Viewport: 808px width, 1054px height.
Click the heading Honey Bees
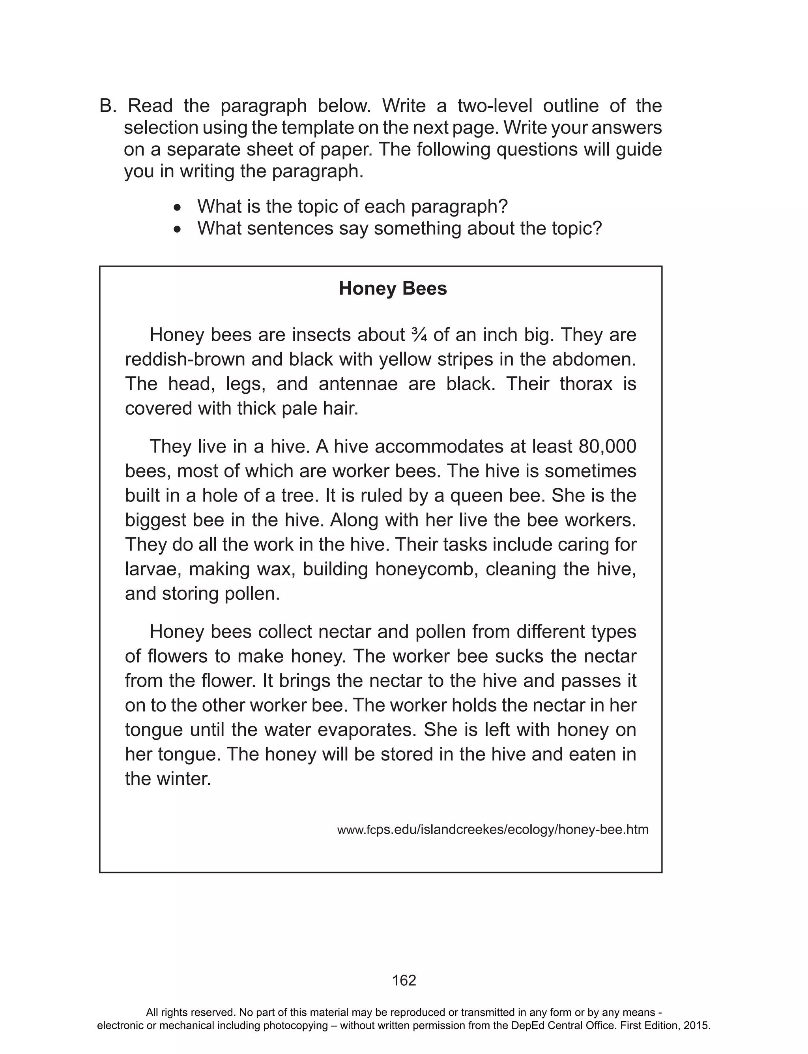[393, 289]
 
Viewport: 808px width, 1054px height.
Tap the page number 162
[404, 981]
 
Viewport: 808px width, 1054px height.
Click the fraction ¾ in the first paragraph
[419, 335]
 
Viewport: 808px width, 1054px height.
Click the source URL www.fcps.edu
[492, 830]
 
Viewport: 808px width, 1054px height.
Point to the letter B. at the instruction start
[108, 106]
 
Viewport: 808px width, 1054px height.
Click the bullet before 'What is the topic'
[178, 208]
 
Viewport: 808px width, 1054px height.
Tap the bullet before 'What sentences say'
[178, 229]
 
